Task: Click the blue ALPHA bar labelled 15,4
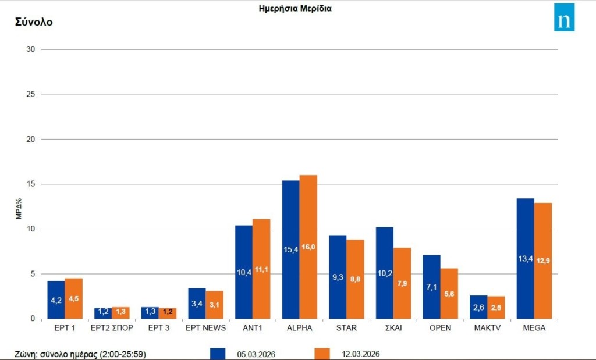[291, 249]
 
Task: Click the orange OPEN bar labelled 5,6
[449, 293]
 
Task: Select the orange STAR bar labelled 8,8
[355, 279]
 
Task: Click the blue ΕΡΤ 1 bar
[56, 300]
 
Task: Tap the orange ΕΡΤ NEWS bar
[214, 305]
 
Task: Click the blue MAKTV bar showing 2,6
[478, 307]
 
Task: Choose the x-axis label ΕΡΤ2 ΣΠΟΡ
[112, 328]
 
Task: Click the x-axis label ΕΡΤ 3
[158, 328]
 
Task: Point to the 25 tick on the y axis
[30, 94]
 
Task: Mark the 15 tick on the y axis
[30, 184]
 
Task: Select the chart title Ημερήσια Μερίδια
[295, 9]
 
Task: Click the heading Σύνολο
[33, 22]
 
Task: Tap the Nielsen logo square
[564, 17]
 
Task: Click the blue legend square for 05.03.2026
[218, 354]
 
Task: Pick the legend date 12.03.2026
[361, 354]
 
